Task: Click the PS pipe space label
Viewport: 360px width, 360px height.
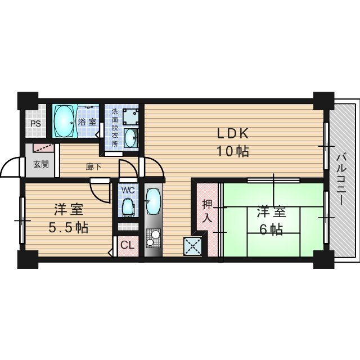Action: [x=36, y=124]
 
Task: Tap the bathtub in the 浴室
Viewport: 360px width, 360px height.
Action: [x=64, y=121]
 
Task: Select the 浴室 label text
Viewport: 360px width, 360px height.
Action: [x=87, y=122]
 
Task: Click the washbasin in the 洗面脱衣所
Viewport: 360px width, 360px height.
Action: [x=130, y=138]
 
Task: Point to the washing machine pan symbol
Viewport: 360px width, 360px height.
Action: [x=130, y=116]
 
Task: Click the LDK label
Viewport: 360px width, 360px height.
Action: [x=233, y=134]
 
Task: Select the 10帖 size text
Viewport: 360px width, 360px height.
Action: [x=233, y=151]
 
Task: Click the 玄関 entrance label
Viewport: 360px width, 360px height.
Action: [x=41, y=164]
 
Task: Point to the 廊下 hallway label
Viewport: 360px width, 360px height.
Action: [x=93, y=167]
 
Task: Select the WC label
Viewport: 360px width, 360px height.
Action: [x=128, y=190]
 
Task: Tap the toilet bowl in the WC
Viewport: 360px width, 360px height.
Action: [x=128, y=208]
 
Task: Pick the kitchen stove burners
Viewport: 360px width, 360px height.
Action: [x=153, y=238]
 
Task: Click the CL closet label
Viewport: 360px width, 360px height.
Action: [x=128, y=245]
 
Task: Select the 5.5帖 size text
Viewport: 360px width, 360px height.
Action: [x=68, y=227]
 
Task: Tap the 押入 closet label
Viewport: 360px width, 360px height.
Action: [x=207, y=211]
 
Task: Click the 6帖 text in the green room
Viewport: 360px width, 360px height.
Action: [x=271, y=229]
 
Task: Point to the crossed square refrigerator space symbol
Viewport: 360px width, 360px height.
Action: [x=192, y=246]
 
